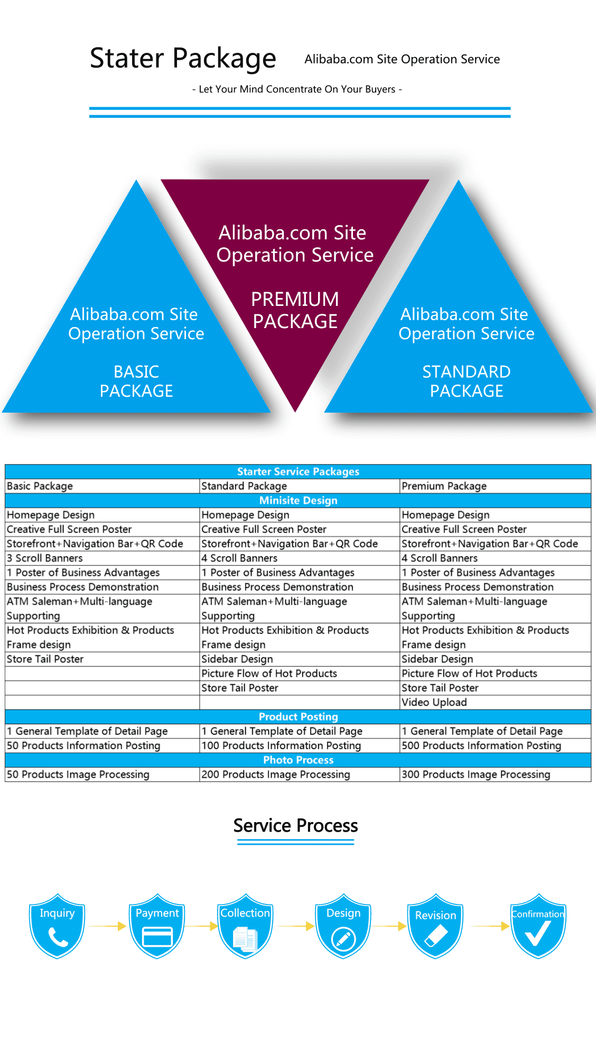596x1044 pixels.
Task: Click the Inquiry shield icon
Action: [57, 926]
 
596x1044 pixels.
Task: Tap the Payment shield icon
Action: [157, 926]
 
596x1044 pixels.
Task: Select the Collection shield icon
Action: [245, 926]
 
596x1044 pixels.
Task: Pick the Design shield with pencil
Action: [343, 926]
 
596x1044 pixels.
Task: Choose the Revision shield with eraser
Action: [435, 926]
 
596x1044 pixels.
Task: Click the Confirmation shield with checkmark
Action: [538, 926]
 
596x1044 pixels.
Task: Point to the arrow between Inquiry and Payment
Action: [107, 926]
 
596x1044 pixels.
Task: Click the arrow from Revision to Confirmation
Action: [489, 926]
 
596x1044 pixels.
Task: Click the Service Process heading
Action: [296, 826]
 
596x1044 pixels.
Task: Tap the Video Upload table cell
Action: [434, 702]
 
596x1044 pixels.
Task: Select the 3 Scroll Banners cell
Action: [45, 558]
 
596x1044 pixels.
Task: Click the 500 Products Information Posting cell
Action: [481, 745]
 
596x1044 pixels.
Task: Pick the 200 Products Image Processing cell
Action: [276, 775]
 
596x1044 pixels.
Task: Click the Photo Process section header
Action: [299, 760]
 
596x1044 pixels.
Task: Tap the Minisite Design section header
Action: [299, 500]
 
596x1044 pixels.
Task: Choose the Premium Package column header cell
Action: [444, 486]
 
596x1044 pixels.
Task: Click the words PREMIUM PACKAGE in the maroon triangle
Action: [295, 310]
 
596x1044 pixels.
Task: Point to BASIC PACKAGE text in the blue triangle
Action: [136, 381]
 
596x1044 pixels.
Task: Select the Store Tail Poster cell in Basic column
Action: [45, 659]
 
